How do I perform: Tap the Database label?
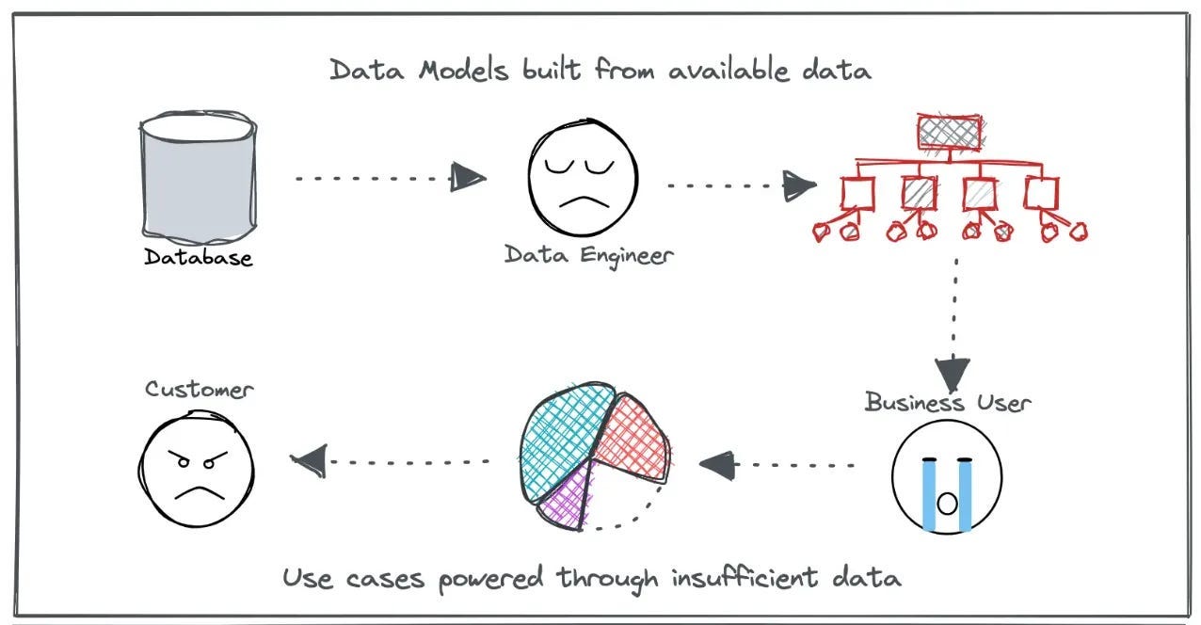coord(199,256)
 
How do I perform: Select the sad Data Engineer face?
coord(582,179)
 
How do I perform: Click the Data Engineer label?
coord(589,254)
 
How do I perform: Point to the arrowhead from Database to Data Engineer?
coord(468,177)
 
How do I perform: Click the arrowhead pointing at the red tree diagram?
coord(799,185)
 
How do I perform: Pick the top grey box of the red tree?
coord(950,133)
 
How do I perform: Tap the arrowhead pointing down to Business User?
coord(953,373)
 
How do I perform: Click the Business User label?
coord(948,403)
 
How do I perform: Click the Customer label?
coord(199,389)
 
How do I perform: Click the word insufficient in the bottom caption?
coord(739,577)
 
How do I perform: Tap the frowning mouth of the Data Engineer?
coord(582,202)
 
